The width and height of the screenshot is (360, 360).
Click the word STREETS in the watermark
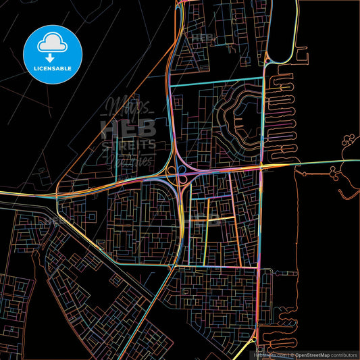pos(128,144)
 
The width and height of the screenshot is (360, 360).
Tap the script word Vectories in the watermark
pos(128,160)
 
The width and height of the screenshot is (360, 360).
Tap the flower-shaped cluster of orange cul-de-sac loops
pos(351,143)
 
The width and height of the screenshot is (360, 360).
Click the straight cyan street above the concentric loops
pos(215,86)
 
